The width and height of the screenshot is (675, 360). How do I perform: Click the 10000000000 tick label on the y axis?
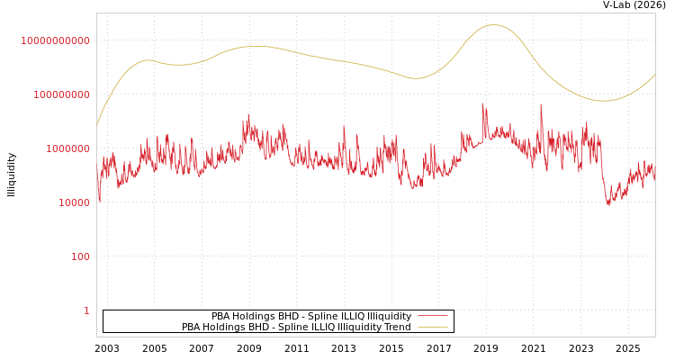(x=56, y=40)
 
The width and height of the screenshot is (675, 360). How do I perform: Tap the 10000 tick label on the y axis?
(x=74, y=202)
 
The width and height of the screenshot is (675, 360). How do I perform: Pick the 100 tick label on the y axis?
(x=80, y=256)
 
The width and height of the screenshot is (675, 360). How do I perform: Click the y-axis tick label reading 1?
(x=86, y=310)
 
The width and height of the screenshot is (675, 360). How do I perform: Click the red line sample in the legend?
(x=432, y=317)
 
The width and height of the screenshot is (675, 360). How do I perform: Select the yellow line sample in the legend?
(x=432, y=328)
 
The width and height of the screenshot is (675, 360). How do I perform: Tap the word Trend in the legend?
(x=396, y=328)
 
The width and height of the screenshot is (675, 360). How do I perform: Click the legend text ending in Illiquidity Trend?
(x=296, y=328)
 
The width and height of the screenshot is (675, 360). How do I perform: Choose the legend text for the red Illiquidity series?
(x=311, y=317)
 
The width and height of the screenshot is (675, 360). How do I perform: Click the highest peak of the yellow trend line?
(x=493, y=25)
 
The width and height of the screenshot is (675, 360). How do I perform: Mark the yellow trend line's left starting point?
(x=97, y=125)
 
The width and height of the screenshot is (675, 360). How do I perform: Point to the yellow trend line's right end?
(x=655, y=75)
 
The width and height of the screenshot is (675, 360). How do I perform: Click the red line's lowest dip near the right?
(x=608, y=205)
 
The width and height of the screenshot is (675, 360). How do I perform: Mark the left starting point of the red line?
(x=97, y=171)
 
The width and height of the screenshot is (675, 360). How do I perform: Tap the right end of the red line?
(x=655, y=178)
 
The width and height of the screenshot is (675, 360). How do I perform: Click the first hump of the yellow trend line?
(x=148, y=60)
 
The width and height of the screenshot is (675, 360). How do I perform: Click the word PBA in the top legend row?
(x=221, y=317)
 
